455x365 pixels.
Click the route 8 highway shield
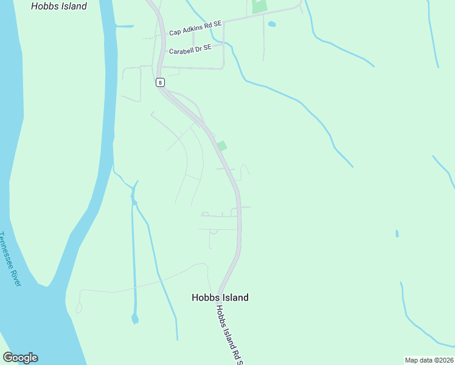[159, 82]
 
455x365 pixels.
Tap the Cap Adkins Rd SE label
[196, 28]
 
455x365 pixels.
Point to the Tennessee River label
[11, 259]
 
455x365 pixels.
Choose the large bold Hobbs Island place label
[220, 297]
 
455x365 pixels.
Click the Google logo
[20, 358]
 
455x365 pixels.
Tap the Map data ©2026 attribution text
[429, 360]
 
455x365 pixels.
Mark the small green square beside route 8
[222, 146]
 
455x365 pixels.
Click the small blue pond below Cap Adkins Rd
[271, 24]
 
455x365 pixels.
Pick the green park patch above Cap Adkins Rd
[259, 6]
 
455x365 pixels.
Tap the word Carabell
[181, 51]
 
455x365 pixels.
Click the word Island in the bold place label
[234, 297]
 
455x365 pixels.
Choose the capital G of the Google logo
[8, 358]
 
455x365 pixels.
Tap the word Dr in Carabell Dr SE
[200, 48]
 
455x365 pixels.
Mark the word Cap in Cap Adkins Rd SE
[176, 32]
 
